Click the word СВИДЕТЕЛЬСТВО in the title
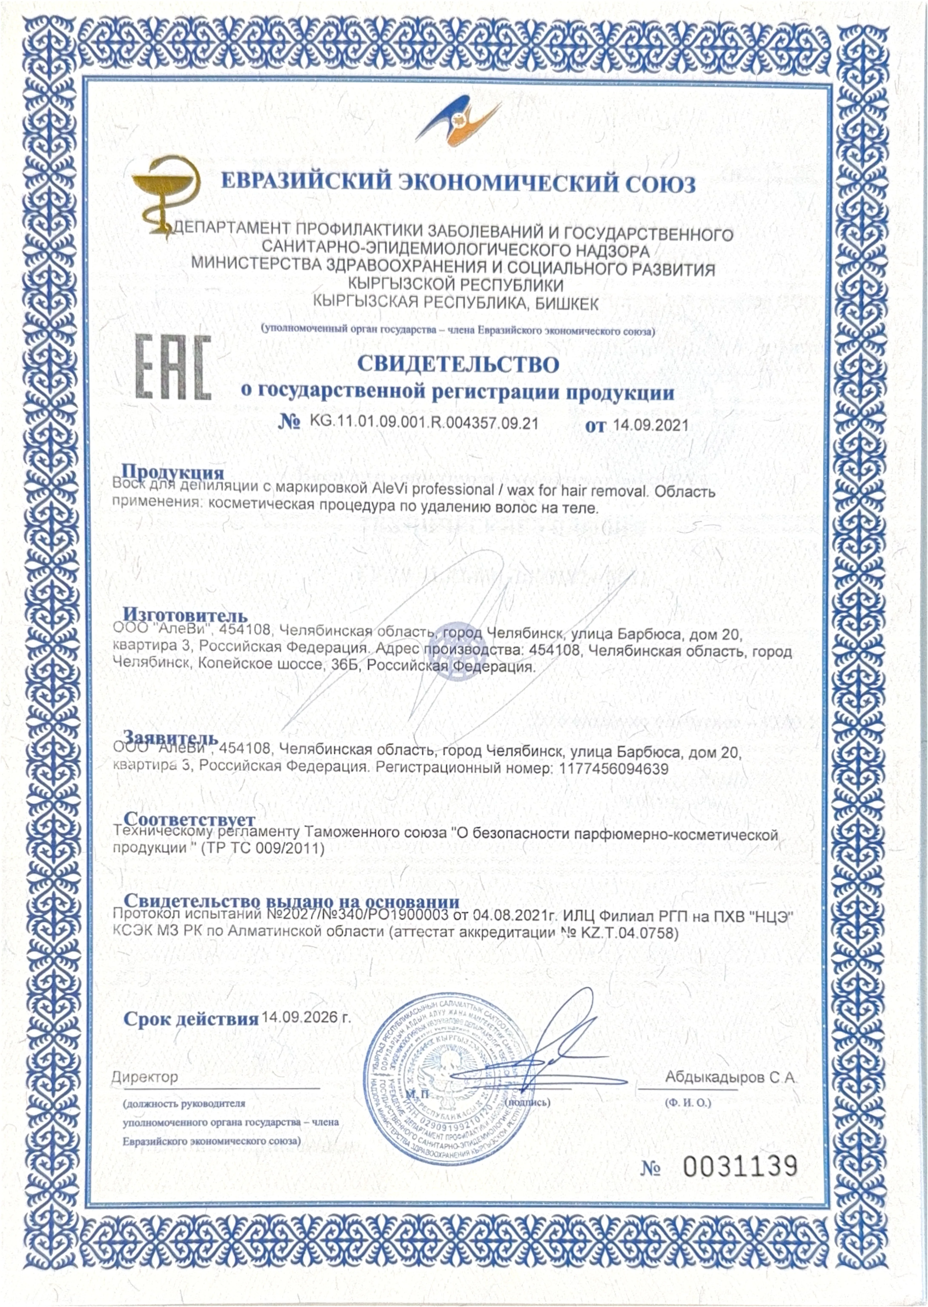coord(458,364)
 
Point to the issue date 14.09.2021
coord(650,425)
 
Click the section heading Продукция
coord(173,472)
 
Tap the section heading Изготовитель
coord(186,615)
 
